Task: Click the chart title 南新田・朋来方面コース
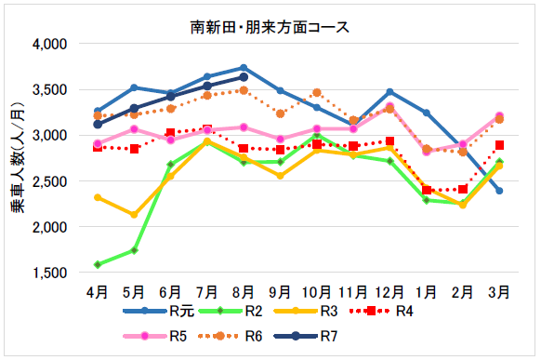coord(270,26)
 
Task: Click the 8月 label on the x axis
coord(243,291)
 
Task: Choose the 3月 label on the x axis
coord(499,291)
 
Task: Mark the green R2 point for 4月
coord(98,264)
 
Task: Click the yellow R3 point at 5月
coord(134,215)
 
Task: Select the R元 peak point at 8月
coord(244,68)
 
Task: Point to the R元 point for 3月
coord(499,191)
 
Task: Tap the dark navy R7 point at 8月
coord(244,77)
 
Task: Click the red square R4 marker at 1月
coord(426,190)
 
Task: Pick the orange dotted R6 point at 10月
coord(317,92)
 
